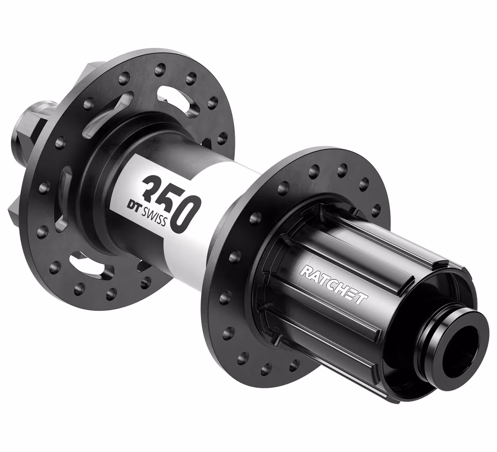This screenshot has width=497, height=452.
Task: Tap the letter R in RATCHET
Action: click(x=305, y=272)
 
